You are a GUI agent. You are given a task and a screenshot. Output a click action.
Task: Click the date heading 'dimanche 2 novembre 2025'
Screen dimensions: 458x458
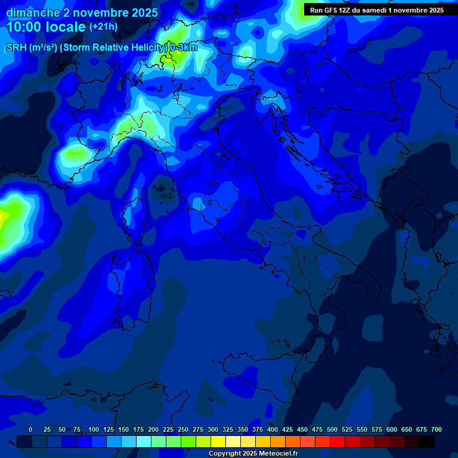[x=82, y=13]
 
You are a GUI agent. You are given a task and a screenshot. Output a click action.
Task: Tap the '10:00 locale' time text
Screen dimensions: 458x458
[x=46, y=27]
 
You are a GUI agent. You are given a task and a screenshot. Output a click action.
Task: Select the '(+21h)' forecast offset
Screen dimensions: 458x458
[x=104, y=27]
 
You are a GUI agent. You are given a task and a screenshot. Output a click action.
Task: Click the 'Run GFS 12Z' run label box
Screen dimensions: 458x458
[x=376, y=10]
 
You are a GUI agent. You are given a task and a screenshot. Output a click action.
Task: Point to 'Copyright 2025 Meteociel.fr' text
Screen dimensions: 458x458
[x=253, y=454]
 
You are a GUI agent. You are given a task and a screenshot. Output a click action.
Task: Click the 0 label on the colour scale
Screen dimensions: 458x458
[x=30, y=429]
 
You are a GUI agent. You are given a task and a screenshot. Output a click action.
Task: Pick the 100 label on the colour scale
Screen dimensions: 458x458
[x=94, y=429]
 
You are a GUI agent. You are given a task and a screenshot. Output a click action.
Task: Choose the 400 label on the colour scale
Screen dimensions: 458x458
[x=273, y=429]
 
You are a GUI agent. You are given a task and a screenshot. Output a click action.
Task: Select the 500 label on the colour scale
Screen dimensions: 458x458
[x=332, y=429]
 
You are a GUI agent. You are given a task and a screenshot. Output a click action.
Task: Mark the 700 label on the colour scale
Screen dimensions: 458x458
[x=437, y=429]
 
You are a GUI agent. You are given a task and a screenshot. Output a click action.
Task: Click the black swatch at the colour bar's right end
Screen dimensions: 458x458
[x=427, y=441]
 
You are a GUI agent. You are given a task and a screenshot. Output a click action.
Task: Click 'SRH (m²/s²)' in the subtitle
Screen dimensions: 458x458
[x=30, y=48]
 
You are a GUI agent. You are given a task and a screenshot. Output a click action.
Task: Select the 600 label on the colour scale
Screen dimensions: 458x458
[x=392, y=429]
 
